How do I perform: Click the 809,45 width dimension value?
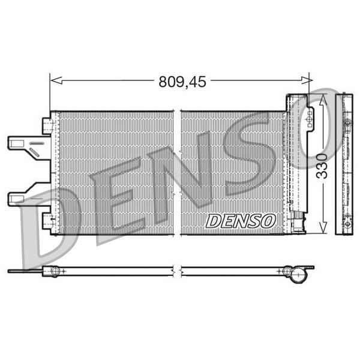[182, 82]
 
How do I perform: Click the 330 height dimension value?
[322, 166]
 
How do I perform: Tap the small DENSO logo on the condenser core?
[240, 221]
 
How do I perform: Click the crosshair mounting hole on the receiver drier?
[310, 122]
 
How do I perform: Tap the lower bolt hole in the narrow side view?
[347, 223]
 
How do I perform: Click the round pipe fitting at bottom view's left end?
[55, 271]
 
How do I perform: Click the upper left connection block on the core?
[48, 125]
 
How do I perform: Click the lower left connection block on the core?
[48, 220]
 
